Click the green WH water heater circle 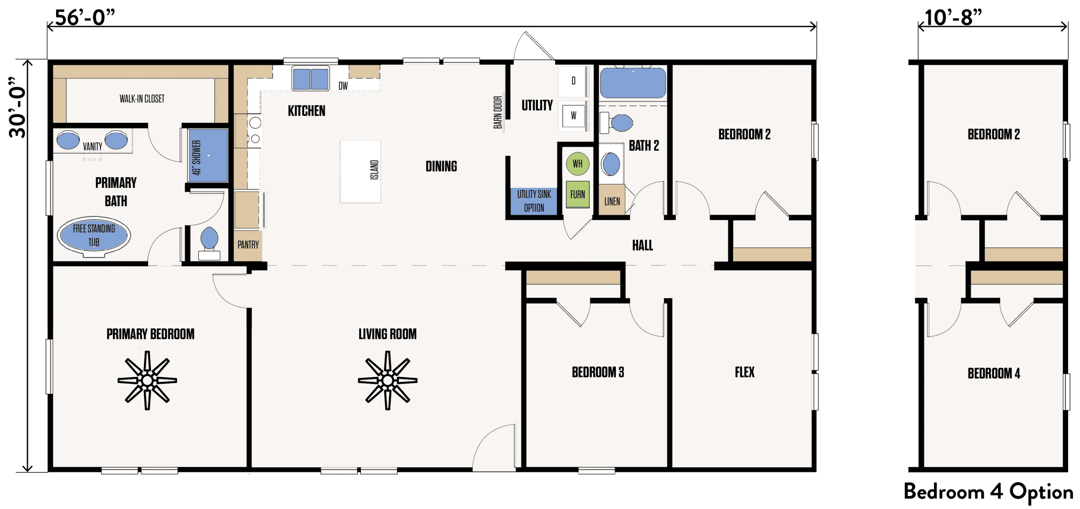click(577, 164)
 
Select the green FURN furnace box click(577, 194)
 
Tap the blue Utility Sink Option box click(534, 201)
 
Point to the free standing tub click(94, 236)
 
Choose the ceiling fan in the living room click(387, 380)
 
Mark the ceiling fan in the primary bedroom click(147, 380)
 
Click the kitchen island click(360, 171)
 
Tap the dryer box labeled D click(573, 81)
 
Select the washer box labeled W click(573, 115)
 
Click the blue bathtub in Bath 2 click(632, 83)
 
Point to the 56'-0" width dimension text click(85, 18)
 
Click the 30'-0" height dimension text click(18, 108)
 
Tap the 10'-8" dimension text click(953, 18)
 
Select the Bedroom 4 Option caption click(988, 492)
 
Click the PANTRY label click(248, 245)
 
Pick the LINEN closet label click(612, 201)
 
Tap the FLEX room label click(745, 372)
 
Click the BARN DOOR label click(498, 112)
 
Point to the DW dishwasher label click(343, 86)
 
